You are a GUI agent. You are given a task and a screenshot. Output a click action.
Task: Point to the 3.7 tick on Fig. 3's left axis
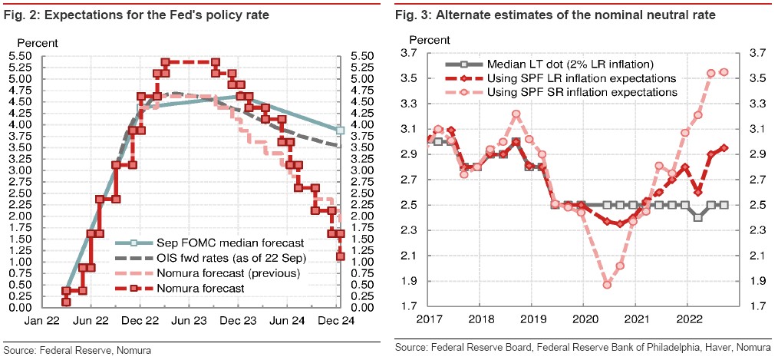(410, 52)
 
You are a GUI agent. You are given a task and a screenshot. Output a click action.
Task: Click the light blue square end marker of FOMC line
(339, 130)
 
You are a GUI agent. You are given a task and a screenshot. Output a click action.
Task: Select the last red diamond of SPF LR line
(724, 148)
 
